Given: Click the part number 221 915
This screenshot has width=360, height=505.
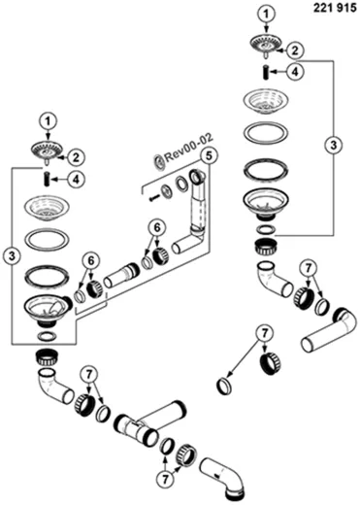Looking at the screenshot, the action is [335, 8].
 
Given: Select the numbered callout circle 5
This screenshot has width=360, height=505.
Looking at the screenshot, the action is [209, 156].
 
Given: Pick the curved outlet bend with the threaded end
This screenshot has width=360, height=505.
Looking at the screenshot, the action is [226, 482].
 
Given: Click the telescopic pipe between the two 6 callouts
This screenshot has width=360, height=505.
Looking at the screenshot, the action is [121, 276].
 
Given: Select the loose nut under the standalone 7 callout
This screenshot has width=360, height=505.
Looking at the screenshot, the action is [271, 363].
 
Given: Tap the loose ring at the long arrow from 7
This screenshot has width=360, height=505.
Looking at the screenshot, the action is [224, 386].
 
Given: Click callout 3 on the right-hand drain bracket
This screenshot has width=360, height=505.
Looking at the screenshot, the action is [334, 145].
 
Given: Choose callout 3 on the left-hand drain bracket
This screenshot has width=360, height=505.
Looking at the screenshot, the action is [12, 256].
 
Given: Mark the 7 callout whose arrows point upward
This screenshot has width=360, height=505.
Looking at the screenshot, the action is [165, 479].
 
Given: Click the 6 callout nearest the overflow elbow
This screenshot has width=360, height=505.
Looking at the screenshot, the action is [157, 228].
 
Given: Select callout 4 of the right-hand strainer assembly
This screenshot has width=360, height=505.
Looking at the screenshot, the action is [295, 72].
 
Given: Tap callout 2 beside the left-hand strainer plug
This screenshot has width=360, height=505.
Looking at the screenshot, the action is [76, 157].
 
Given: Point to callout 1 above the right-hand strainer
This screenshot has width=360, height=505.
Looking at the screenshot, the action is [266, 14].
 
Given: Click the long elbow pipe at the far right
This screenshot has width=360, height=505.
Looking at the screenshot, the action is [327, 333].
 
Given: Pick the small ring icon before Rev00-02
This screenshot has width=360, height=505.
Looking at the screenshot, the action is [159, 160].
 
